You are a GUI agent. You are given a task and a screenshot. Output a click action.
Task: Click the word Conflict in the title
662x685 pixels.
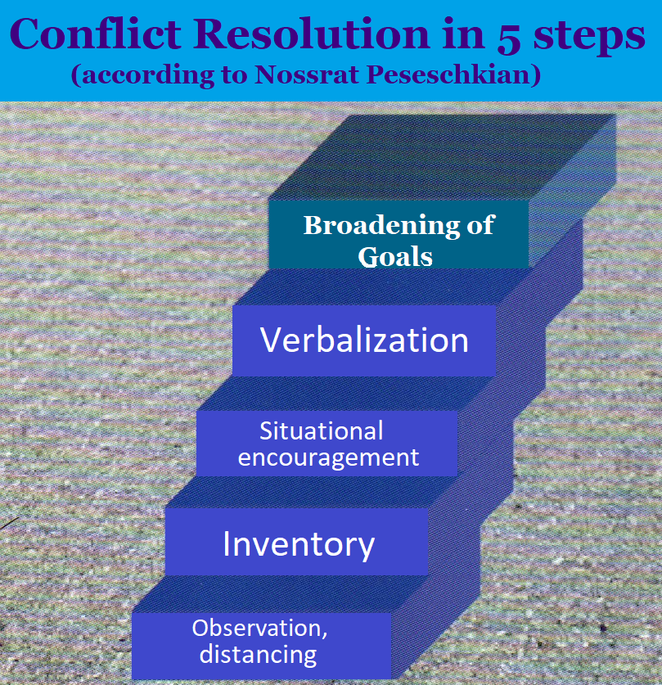click(95, 34)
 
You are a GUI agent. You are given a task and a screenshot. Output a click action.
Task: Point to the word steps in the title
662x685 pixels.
click(589, 37)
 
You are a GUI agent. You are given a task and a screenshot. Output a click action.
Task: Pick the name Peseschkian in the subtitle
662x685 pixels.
click(451, 74)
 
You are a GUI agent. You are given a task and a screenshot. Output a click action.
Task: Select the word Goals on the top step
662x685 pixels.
click(395, 256)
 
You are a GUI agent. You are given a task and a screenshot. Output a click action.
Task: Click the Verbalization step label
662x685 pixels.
click(364, 340)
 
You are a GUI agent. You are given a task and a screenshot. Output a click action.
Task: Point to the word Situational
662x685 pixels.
click(322, 430)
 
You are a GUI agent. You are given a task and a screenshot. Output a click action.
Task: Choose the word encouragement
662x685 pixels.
click(328, 458)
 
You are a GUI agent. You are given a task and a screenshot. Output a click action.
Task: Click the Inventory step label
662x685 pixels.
click(299, 545)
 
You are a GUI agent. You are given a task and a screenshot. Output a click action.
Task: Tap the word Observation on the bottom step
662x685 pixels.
click(257, 629)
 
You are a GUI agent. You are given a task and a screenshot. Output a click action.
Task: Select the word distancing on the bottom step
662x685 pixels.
click(258, 655)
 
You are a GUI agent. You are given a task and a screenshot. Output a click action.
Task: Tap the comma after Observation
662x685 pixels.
click(324, 636)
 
